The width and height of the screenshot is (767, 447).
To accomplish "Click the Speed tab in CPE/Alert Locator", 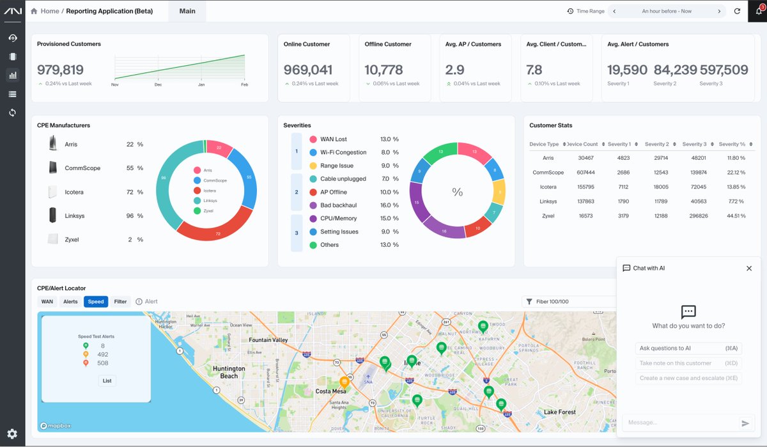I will coord(96,302).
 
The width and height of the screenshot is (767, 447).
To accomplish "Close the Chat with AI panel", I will coord(749,269).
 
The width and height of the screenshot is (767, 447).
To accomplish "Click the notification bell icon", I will coord(759,11).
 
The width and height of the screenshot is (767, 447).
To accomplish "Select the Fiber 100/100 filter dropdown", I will coord(568,302).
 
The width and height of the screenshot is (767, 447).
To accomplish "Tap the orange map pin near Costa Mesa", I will coord(344,382).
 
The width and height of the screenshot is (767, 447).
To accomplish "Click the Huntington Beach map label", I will coord(229,372).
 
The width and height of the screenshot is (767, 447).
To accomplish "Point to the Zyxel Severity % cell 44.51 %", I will coord(732,216).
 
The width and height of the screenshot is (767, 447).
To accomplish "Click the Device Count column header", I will coord(582,145).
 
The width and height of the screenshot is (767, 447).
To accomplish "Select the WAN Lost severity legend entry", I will coord(333,139).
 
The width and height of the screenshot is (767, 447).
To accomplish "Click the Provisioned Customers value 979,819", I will coord(60,70).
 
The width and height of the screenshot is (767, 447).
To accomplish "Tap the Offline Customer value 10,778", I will coord(383,70).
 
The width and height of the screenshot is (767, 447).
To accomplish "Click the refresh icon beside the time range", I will coord(737,12).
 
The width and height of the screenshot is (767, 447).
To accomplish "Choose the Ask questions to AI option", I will coord(688,349).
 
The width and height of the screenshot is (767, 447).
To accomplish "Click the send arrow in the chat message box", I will coord(745,423).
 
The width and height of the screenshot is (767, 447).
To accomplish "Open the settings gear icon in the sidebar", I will coord(12,434).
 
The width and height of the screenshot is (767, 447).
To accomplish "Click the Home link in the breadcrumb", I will coord(49,11).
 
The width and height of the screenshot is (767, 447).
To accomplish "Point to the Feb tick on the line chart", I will coord(244,84).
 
